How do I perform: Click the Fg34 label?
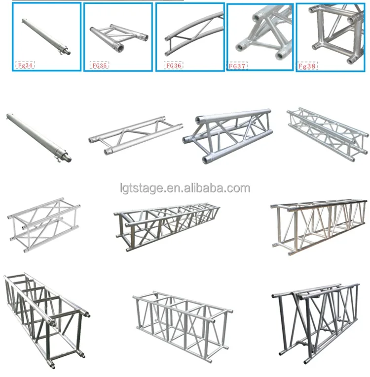[x=26, y=64]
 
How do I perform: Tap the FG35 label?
[x=100, y=64]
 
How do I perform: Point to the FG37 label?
[x=238, y=65]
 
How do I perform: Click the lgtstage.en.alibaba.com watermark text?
[x=185, y=188]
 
